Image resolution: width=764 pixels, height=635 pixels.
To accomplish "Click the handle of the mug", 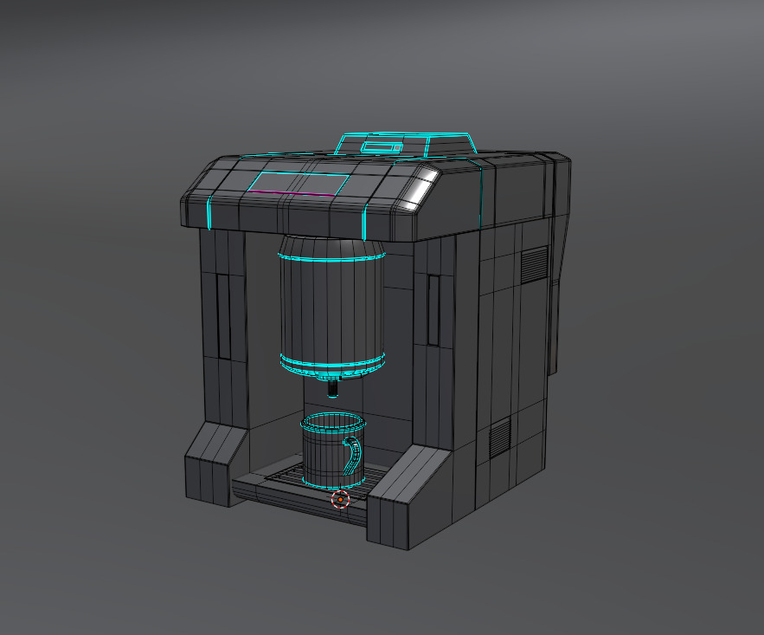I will click(x=354, y=455).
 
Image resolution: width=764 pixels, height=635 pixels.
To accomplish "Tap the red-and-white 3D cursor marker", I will click(x=341, y=499).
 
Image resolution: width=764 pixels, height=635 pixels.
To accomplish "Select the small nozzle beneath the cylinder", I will click(x=333, y=386).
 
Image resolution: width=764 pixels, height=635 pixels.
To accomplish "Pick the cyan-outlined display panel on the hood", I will click(x=299, y=184).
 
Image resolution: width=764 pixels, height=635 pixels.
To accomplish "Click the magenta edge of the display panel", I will click(x=292, y=195).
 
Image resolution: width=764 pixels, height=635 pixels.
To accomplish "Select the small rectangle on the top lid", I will click(x=382, y=146).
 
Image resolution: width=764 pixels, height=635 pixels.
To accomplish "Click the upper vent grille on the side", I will click(x=535, y=264).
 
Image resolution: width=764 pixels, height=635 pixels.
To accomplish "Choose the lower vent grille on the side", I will click(x=501, y=438).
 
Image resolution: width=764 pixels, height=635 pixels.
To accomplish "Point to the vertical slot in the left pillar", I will click(x=224, y=316).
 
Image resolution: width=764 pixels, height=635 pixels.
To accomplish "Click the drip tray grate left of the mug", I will click(x=281, y=476).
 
